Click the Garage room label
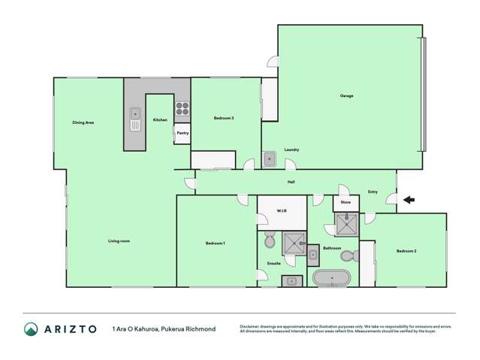click(x=346, y=95)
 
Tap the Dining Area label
click(x=83, y=122)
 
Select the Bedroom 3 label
click(x=224, y=118)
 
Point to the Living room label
click(x=119, y=241)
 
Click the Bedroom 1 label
click(x=216, y=243)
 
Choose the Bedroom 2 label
click(x=406, y=250)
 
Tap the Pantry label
click(x=183, y=133)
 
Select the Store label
click(x=346, y=202)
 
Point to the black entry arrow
click(x=409, y=199)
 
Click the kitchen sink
click(x=135, y=119)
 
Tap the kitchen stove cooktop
click(x=183, y=111)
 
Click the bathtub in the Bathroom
click(x=332, y=279)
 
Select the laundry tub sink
click(x=270, y=159)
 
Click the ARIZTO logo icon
click(x=31, y=328)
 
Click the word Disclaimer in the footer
click(x=252, y=325)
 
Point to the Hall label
click(x=291, y=183)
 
